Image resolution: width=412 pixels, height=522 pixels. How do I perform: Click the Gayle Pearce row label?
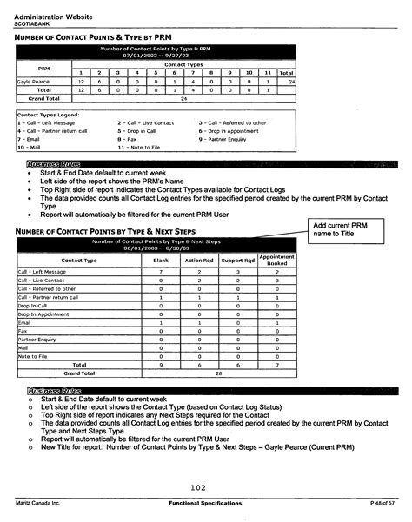(x=34, y=81)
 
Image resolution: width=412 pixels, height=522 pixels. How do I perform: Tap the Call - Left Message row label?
(x=43, y=272)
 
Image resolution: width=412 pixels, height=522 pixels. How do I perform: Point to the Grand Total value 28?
(x=218, y=373)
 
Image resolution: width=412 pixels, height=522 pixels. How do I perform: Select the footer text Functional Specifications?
(x=205, y=504)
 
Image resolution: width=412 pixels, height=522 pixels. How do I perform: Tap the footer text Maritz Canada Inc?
(x=36, y=504)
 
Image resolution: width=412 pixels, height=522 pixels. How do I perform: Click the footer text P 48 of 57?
(x=382, y=504)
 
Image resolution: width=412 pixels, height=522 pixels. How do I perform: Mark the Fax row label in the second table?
(x=23, y=331)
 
